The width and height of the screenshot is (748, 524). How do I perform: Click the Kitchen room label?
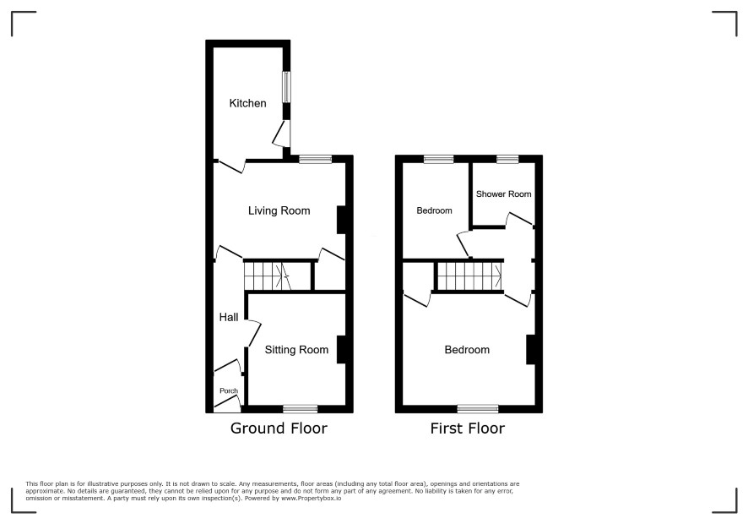247,103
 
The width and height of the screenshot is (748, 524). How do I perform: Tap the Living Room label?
279,210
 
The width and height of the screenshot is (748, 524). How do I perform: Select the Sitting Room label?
296,350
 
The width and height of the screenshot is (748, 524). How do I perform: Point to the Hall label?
229,317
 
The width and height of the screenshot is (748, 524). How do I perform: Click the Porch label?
229,390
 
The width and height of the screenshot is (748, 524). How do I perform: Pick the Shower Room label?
503,194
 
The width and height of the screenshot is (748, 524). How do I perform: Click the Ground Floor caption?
279,428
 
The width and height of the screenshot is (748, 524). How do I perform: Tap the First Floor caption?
467,428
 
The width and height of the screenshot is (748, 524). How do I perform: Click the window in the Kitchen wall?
286,86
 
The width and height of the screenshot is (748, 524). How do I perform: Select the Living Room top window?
315,160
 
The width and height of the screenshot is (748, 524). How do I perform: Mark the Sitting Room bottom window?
300,409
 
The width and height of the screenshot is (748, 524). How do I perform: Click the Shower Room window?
507,160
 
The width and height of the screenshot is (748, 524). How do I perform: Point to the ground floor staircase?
268,276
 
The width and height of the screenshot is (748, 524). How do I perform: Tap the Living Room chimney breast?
341,220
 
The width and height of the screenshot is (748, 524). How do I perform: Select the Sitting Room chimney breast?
341,350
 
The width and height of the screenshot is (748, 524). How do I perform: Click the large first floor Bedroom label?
467,350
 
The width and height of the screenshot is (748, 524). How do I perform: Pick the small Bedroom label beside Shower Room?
434,210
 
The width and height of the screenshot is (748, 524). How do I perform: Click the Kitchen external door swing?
281,133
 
